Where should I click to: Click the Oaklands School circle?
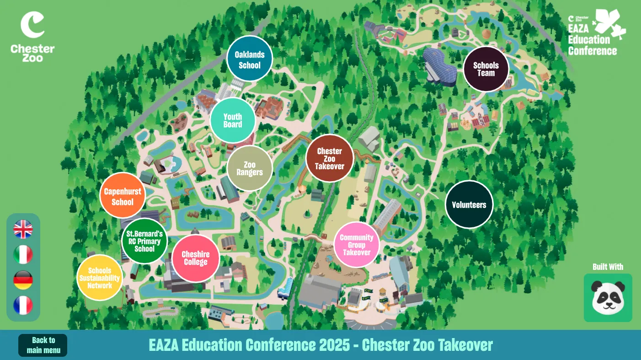tap(250, 59)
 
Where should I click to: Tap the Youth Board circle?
tap(232, 120)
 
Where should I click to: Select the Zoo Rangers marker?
tap(250, 168)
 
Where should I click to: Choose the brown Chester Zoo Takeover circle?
tap(330, 158)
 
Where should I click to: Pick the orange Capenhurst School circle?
tap(123, 196)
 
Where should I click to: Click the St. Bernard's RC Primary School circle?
tap(144, 241)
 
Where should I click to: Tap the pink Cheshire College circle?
tap(196, 258)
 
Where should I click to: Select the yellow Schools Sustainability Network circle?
tap(100, 278)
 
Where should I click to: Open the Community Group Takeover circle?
tap(357, 244)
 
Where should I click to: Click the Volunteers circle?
tap(469, 204)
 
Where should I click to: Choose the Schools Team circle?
tap(486, 69)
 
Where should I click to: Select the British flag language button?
tap(23, 229)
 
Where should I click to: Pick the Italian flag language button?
tap(23, 254)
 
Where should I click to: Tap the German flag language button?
tap(23, 279)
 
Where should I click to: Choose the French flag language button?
tap(23, 305)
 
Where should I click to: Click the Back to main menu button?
tap(43, 345)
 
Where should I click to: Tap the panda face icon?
tap(608, 298)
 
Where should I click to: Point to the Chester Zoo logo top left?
tap(32, 37)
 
